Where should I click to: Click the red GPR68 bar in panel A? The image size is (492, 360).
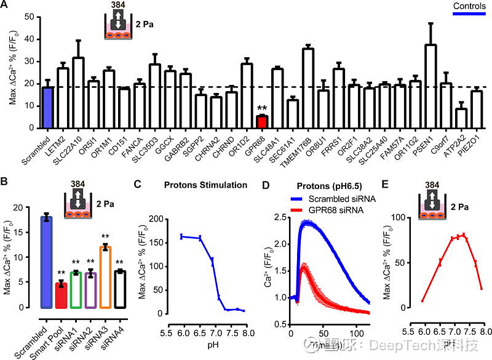tap(262, 121)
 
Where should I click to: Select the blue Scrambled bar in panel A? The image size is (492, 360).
tap(47, 108)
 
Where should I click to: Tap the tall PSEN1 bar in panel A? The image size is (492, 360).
tap(431, 86)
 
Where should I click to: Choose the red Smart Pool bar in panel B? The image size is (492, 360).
tap(60, 295)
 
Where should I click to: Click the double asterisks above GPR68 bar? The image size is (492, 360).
tap(261, 108)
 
